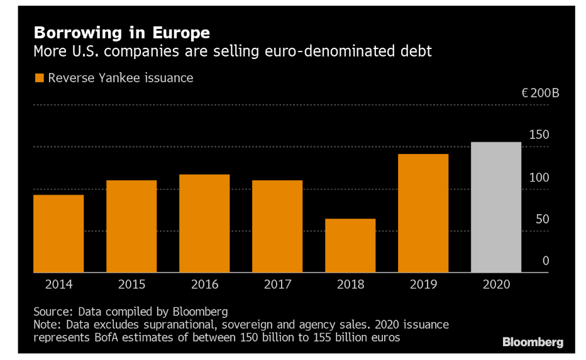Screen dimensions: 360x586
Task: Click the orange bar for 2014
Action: [x=58, y=234]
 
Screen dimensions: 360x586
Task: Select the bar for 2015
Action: [x=131, y=226]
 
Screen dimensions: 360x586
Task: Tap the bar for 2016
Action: [x=204, y=224]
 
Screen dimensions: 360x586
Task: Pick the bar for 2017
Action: [x=277, y=226]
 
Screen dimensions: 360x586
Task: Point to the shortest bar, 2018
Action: [x=350, y=246]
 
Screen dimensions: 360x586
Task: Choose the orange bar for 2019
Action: [x=423, y=213]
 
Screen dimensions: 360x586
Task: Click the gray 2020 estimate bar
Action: [x=496, y=207]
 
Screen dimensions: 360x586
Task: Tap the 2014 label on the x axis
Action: [x=58, y=285]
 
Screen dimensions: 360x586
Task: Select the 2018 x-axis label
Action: [x=350, y=285]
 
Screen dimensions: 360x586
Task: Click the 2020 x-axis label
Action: [x=496, y=285]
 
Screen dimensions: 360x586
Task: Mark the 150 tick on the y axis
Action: [x=539, y=135]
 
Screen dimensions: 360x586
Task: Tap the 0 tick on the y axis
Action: [x=546, y=261]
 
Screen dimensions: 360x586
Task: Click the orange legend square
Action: [x=39, y=79]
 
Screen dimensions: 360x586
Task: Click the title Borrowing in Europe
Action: [x=122, y=33]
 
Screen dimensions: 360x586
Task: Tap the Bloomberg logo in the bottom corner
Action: [x=533, y=342]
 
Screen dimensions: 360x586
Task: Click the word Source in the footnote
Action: [x=53, y=312]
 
